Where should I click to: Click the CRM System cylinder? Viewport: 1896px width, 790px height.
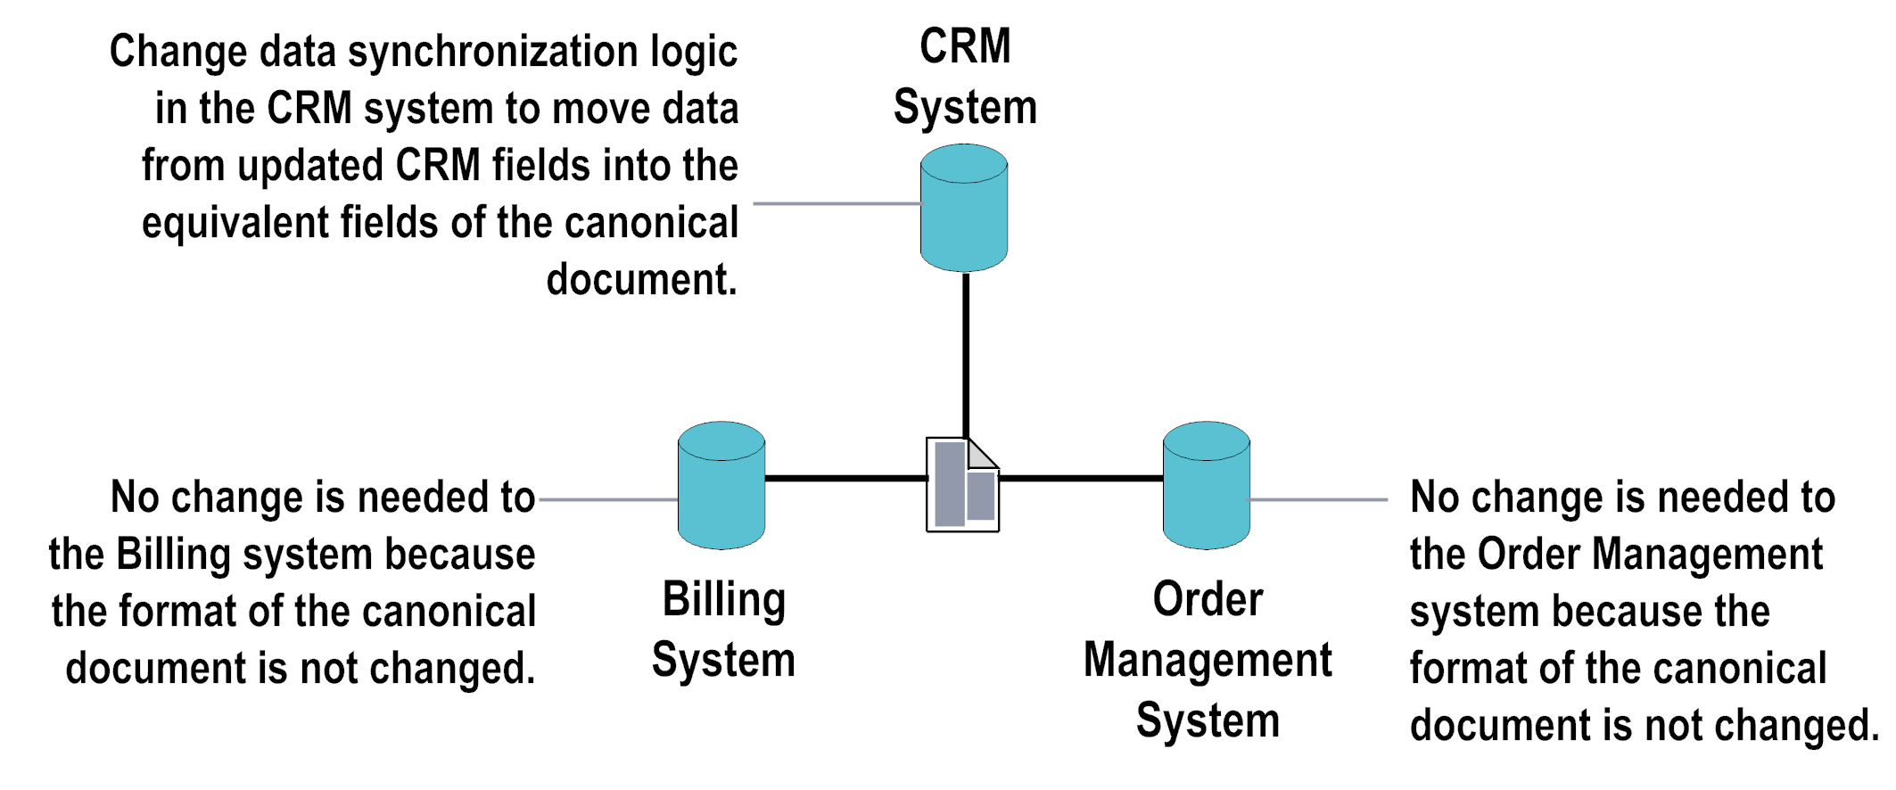[964, 209]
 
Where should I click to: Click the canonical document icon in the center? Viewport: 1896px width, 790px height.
[961, 486]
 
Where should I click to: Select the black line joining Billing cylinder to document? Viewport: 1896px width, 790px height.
[845, 479]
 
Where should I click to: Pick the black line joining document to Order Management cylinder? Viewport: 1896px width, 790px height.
[1081, 479]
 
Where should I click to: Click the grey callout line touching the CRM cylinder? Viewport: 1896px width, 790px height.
[837, 204]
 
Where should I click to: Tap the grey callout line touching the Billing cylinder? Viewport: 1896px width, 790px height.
[608, 500]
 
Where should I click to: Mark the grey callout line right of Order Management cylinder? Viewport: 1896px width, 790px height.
[1318, 500]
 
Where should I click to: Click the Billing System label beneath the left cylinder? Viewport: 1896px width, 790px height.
[723, 630]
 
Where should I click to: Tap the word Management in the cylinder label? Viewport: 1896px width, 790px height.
[1208, 661]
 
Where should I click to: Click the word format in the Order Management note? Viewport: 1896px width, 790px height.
[1463, 669]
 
